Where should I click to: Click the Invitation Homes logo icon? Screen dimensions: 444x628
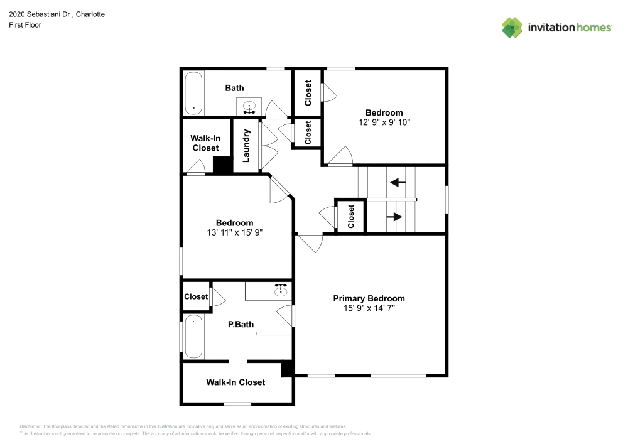click(512, 27)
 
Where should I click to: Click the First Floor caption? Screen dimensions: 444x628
click(25, 25)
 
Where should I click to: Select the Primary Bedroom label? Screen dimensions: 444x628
click(369, 298)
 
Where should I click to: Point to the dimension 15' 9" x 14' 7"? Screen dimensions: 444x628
click(369, 308)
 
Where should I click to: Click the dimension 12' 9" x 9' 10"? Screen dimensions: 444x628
click(384, 122)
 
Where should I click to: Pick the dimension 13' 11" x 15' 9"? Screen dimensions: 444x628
click(234, 232)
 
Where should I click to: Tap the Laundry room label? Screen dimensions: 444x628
click(247, 145)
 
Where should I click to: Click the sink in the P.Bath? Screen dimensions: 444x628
click(281, 290)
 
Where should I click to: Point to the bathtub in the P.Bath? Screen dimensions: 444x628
click(194, 337)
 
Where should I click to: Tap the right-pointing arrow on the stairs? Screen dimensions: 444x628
click(394, 217)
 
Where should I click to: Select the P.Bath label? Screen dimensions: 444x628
click(241, 325)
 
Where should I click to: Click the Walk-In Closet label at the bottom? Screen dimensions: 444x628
click(235, 382)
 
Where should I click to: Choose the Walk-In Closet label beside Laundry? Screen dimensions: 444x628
click(205, 143)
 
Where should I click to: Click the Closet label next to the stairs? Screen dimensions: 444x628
click(351, 216)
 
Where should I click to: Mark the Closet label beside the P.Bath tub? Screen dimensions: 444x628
click(196, 296)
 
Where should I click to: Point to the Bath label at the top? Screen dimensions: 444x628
click(234, 88)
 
